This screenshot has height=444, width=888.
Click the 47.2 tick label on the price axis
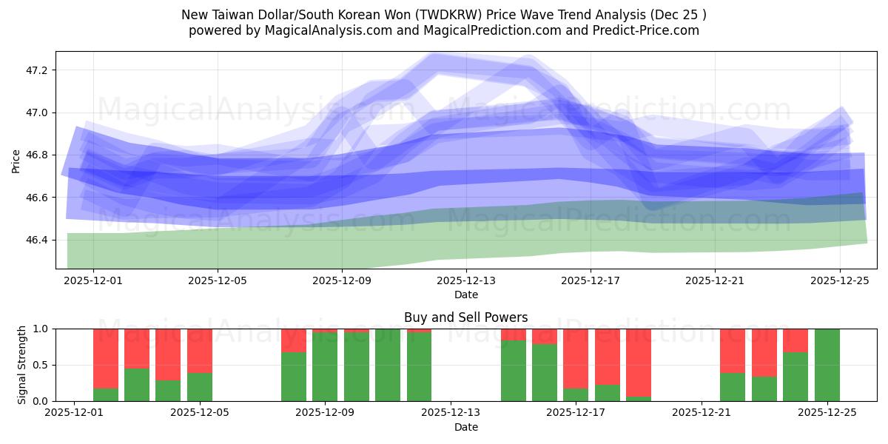36,70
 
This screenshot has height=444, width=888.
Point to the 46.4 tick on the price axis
36,240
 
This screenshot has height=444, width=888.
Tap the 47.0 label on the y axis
36,112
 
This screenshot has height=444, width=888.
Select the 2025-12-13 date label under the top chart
466,281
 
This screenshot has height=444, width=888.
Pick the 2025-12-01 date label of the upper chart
93,281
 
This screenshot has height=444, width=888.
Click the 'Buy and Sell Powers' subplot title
465,317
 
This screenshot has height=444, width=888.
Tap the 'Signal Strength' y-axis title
22,364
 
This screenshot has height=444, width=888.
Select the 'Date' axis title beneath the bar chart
465,427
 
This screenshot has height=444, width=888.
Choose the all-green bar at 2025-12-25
827,365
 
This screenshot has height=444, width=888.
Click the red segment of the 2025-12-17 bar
576,358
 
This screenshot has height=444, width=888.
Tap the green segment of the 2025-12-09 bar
325,367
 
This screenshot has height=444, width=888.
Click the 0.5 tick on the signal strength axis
41,365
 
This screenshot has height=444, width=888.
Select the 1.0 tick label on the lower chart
41,329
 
